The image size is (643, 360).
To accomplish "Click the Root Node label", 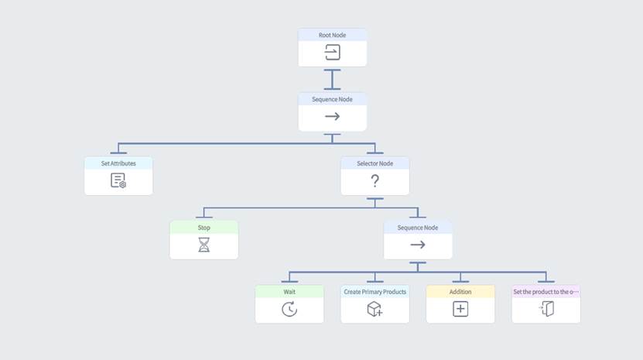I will click(332, 35).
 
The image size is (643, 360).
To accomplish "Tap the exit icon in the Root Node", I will click(332, 53).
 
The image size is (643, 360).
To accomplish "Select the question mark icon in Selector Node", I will click(375, 181).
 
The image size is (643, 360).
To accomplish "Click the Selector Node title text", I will click(375, 163).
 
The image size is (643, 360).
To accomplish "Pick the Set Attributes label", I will click(118, 163).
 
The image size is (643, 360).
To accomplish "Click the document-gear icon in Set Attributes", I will click(118, 181).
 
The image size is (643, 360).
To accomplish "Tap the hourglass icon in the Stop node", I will click(204, 245).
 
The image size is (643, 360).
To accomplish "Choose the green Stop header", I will click(204, 228).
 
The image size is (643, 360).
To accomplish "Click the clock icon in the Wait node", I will click(289, 309).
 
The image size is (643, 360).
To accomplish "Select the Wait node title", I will click(289, 292).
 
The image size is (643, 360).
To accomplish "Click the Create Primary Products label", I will click(375, 292).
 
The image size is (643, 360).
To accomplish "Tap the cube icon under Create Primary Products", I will click(375, 309).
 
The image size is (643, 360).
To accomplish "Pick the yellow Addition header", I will click(460, 292).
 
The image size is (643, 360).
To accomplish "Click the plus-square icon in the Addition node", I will click(460, 309).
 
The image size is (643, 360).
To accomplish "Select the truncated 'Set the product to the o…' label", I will click(546, 292).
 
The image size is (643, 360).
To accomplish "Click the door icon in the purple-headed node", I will click(546, 309).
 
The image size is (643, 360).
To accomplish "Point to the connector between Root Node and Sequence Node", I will click(332, 80).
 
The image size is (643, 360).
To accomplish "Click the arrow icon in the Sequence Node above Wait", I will click(418, 245).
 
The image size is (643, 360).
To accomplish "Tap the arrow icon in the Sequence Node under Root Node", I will click(332, 117).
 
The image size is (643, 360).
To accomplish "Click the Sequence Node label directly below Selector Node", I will click(418, 228).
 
